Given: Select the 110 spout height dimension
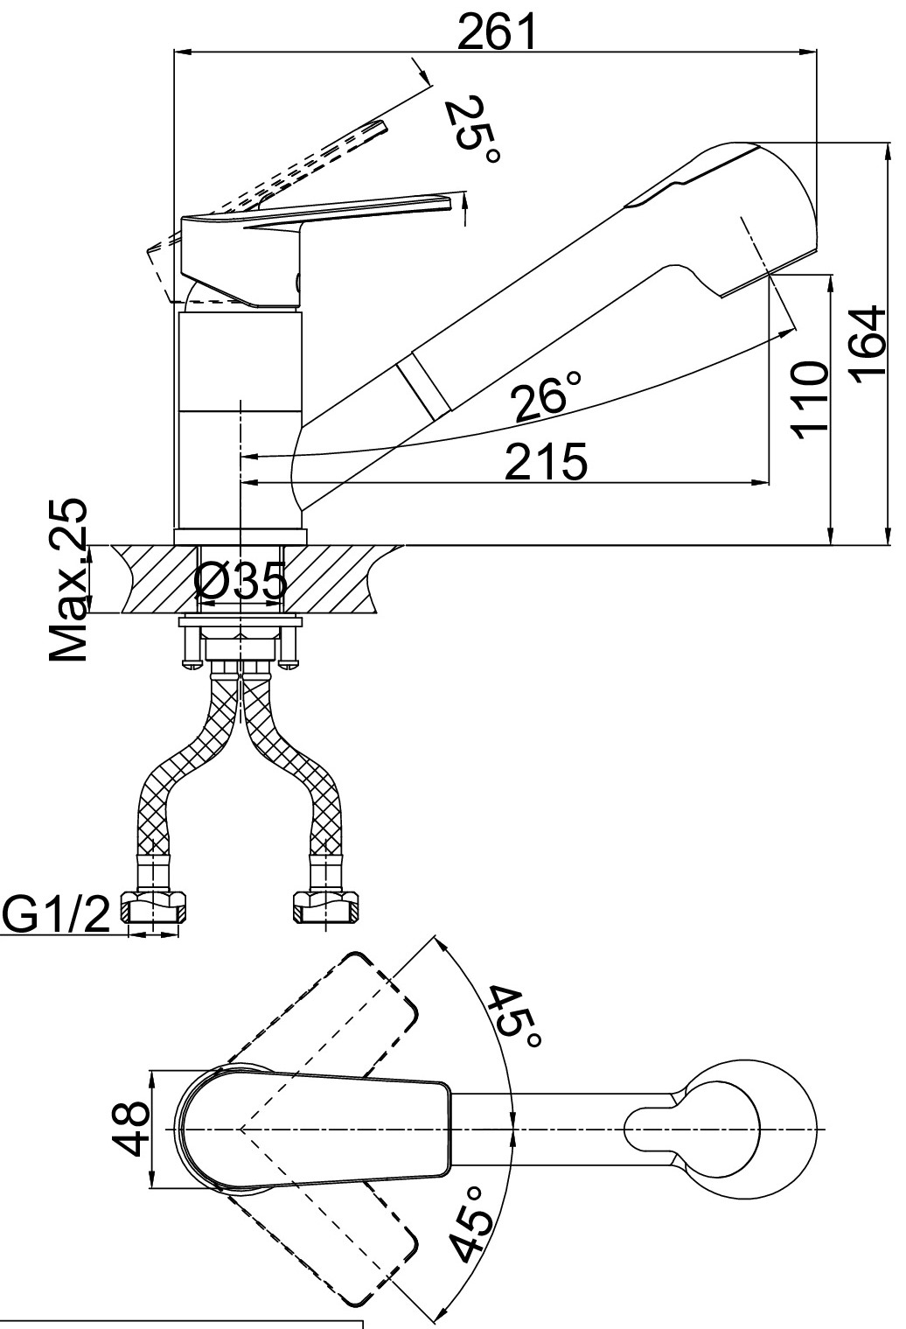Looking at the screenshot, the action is (x=809, y=400).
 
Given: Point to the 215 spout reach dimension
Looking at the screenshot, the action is (x=546, y=461).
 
